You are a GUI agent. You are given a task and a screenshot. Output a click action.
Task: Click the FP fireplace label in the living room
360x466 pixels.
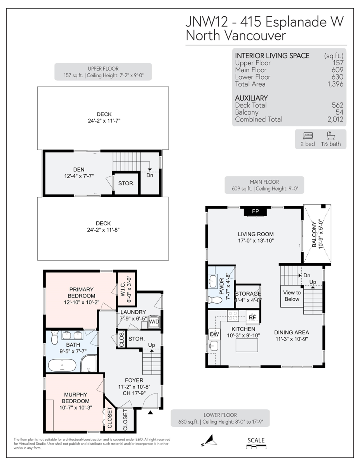[255, 212]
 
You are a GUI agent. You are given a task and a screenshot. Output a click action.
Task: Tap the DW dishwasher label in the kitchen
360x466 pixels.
[214, 334]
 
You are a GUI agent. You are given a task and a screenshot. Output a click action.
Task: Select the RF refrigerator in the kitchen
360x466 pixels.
[252, 317]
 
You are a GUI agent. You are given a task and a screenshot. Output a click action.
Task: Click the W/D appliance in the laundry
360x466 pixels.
[154, 322]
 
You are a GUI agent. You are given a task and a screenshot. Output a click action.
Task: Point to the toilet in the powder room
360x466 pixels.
[215, 300]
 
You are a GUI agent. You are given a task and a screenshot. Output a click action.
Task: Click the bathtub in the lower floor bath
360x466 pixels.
[62, 365]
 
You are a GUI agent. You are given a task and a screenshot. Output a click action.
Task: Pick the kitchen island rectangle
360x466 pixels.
[247, 345]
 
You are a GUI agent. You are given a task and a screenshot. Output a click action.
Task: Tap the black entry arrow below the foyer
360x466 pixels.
[150, 412]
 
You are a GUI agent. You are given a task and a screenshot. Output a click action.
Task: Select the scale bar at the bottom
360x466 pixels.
[256, 447]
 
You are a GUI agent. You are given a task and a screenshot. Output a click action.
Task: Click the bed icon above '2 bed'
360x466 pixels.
[308, 136]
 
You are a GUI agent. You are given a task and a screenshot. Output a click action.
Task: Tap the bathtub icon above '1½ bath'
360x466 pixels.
[331, 136]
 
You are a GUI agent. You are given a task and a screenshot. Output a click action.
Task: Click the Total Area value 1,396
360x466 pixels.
[336, 84]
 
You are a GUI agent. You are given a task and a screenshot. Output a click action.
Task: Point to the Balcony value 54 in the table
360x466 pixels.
[339, 112]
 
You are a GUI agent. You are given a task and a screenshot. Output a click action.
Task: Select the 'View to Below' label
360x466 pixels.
[292, 296]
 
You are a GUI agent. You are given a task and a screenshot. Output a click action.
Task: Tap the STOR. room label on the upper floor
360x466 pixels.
[126, 183]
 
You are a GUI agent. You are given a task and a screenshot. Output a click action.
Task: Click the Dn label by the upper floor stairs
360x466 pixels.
[150, 175]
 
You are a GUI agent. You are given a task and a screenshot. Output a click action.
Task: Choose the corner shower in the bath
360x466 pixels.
[89, 363]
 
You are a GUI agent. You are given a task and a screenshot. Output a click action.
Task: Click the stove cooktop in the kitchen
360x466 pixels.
[233, 316]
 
